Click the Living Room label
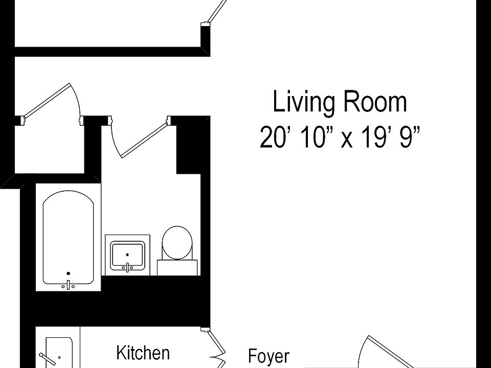(x=340, y=102)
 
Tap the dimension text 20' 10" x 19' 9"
(x=340, y=137)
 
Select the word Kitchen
(x=143, y=353)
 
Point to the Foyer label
(x=269, y=356)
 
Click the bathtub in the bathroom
(x=68, y=238)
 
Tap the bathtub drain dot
(x=68, y=273)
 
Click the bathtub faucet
(x=68, y=285)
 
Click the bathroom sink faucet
(x=127, y=267)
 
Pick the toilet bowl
(x=177, y=243)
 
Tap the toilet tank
(x=177, y=267)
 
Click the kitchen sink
(x=59, y=353)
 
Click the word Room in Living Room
(x=375, y=102)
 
